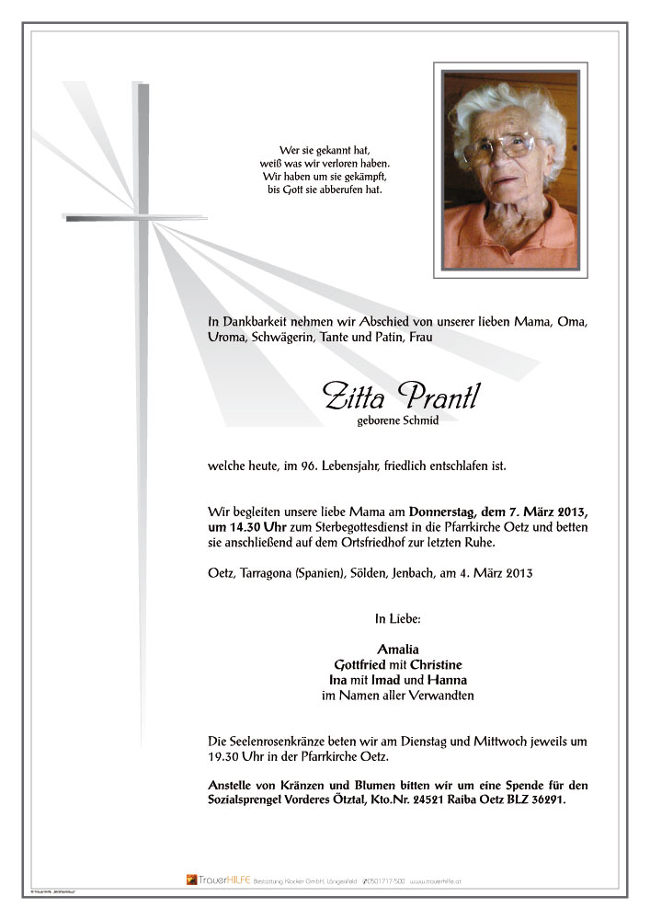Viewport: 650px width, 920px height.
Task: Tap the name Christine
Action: (436, 664)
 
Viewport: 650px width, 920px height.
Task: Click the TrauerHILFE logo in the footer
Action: (218, 880)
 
